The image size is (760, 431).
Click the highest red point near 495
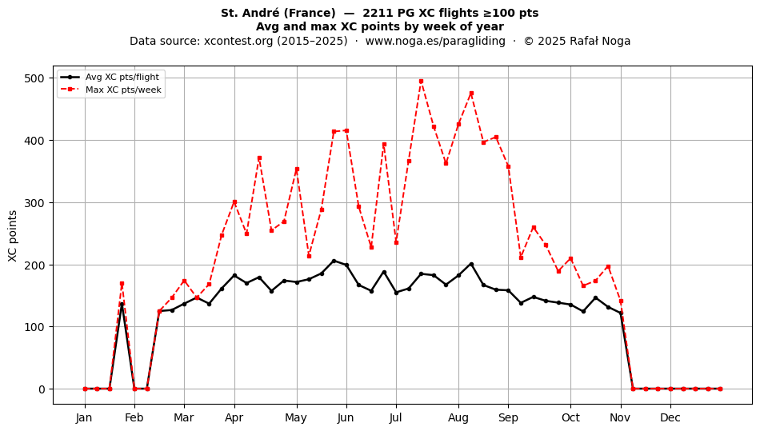tap(421, 82)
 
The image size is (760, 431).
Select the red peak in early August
tap(471, 94)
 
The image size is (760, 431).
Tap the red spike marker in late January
tap(122, 284)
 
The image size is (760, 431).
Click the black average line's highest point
tap(334, 261)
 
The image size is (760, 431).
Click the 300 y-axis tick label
tap(34, 203)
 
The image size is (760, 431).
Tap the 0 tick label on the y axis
tap(42, 389)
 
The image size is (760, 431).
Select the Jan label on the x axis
tap(84, 418)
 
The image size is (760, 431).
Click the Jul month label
tap(396, 418)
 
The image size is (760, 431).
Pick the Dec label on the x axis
tap(670, 418)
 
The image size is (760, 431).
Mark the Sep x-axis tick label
tap(509, 418)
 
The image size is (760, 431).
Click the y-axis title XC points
tap(13, 237)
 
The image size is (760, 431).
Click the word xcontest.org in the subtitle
tap(234, 41)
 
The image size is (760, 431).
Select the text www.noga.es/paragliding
tap(435, 41)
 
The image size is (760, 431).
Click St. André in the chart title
tap(251, 13)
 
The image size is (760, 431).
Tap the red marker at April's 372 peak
tap(259, 158)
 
